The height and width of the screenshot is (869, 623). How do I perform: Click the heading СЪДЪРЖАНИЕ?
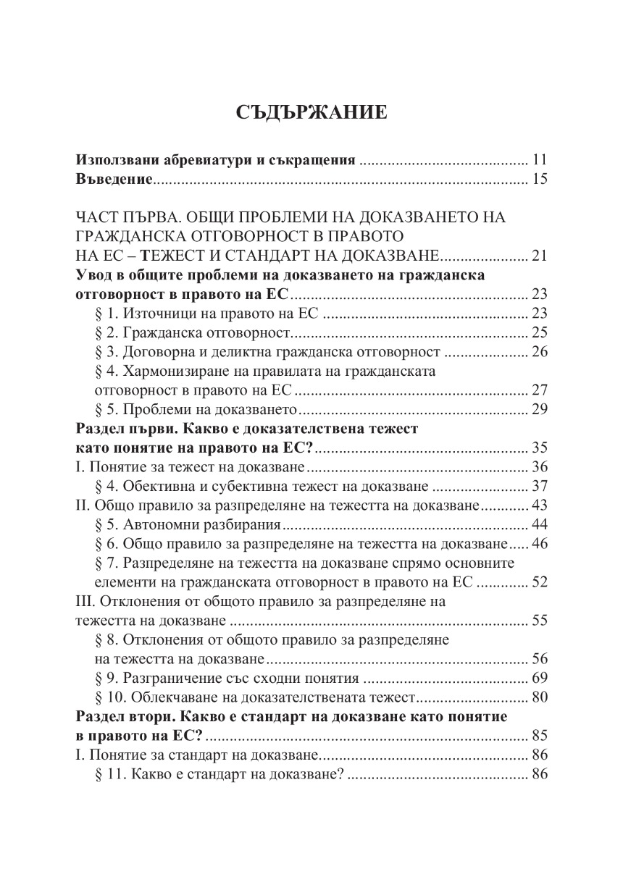(311, 113)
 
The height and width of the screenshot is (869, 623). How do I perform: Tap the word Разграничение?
(172, 679)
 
